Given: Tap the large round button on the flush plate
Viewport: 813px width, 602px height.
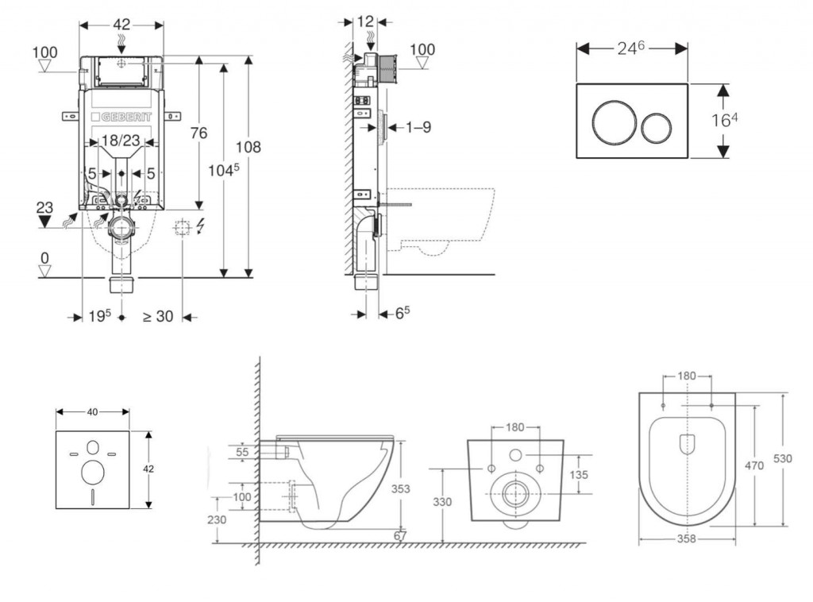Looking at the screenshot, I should coord(613,122).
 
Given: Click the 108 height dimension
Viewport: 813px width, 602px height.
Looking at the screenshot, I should coord(249,147).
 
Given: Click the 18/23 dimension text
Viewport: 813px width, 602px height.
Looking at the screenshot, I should coord(121,141).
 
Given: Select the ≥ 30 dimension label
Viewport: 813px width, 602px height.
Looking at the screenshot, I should coord(158,316).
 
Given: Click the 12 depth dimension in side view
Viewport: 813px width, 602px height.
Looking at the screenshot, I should coord(365,21).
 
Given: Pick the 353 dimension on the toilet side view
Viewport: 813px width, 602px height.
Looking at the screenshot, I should coord(401,489).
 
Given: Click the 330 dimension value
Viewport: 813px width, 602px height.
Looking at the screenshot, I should coord(443,502).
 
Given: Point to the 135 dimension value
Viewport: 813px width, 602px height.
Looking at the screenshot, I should coord(580,474).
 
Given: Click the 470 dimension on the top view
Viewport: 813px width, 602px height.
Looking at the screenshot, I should coord(754,466).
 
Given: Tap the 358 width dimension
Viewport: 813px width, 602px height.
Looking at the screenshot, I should coord(687,539).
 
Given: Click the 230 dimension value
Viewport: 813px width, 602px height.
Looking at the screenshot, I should coord(217,519).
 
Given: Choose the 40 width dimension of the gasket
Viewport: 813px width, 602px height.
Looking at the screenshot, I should coord(92,412).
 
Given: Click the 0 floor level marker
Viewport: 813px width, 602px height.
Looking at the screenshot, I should coord(44,258).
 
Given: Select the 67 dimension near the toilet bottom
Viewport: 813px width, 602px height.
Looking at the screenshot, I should coord(401,536).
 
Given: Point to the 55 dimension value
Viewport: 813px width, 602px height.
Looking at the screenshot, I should coord(243,452).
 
